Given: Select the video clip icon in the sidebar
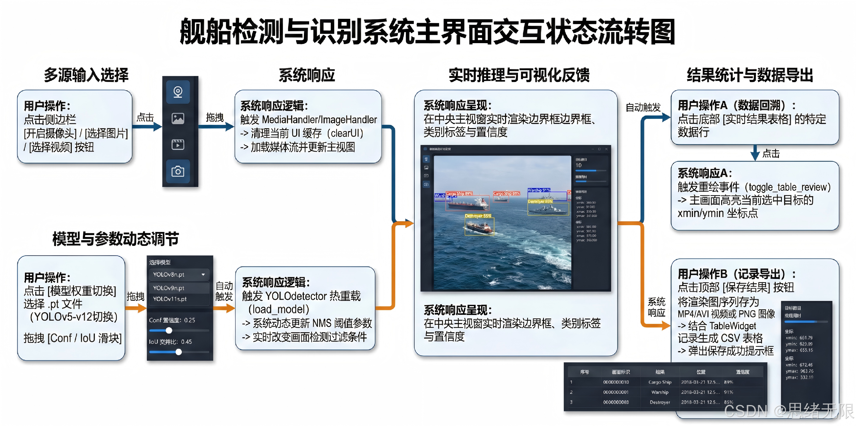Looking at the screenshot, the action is [x=178, y=145].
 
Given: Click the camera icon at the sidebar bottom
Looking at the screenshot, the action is [x=178, y=171].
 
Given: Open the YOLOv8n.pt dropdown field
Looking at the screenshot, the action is [x=179, y=275].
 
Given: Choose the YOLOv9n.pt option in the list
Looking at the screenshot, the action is [x=169, y=288].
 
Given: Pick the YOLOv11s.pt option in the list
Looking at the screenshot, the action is [x=170, y=299].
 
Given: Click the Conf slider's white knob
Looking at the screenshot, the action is [x=169, y=330].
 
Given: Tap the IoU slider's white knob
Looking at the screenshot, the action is [x=178, y=352].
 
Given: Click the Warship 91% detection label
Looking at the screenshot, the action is [x=539, y=190].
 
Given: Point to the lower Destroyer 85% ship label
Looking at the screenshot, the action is [x=478, y=216].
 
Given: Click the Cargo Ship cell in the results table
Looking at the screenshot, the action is [x=660, y=382].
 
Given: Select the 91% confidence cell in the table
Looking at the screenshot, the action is [x=728, y=392].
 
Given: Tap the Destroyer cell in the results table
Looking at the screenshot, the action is [x=660, y=402].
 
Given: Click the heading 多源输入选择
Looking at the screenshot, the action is [x=86, y=75].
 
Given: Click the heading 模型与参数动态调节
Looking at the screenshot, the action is [x=116, y=239].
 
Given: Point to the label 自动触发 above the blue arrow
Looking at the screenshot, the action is [x=643, y=107].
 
